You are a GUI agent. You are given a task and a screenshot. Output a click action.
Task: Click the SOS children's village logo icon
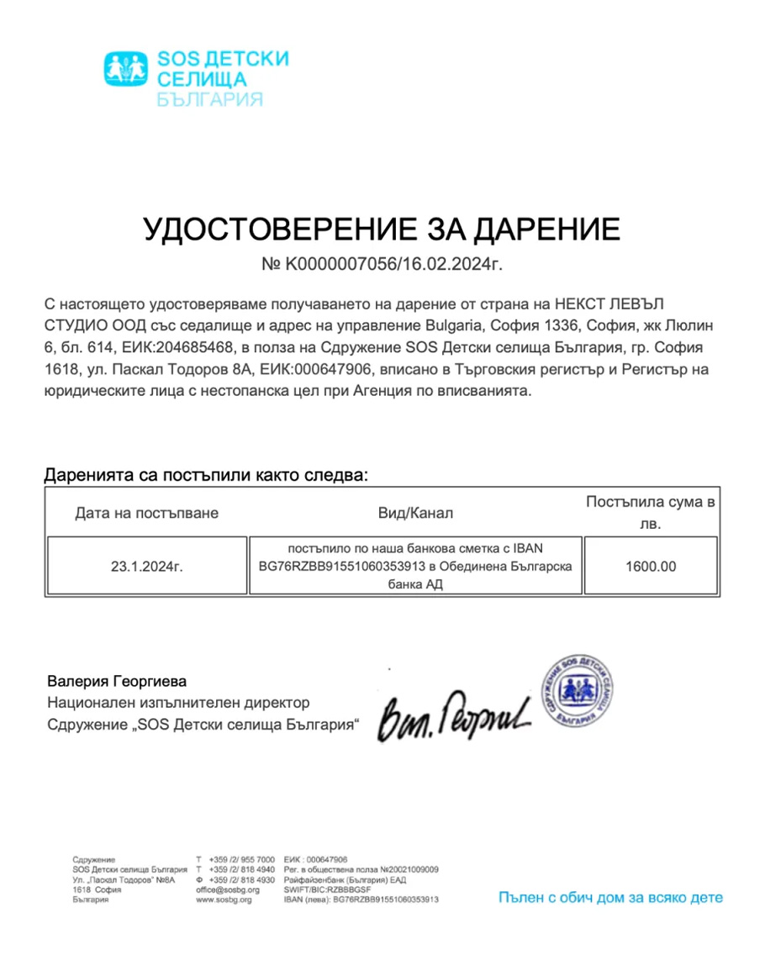125,69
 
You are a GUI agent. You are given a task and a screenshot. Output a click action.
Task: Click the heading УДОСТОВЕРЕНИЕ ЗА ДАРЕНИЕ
382,228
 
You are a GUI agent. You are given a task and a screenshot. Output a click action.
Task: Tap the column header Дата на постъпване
146,513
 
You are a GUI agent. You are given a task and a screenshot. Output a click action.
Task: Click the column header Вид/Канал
414,513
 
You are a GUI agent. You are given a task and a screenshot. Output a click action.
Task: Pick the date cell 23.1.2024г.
146,567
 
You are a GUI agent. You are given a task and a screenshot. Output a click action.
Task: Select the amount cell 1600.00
650,567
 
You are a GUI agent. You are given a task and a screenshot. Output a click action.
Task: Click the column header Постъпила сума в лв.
650,513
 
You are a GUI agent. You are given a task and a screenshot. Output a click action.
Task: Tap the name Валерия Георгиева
117,680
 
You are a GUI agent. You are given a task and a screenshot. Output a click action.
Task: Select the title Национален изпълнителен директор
178,702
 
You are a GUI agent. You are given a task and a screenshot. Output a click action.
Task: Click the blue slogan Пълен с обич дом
609,897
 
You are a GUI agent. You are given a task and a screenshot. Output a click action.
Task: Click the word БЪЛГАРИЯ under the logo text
210,99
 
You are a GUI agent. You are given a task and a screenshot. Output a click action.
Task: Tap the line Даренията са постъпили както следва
206,475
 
